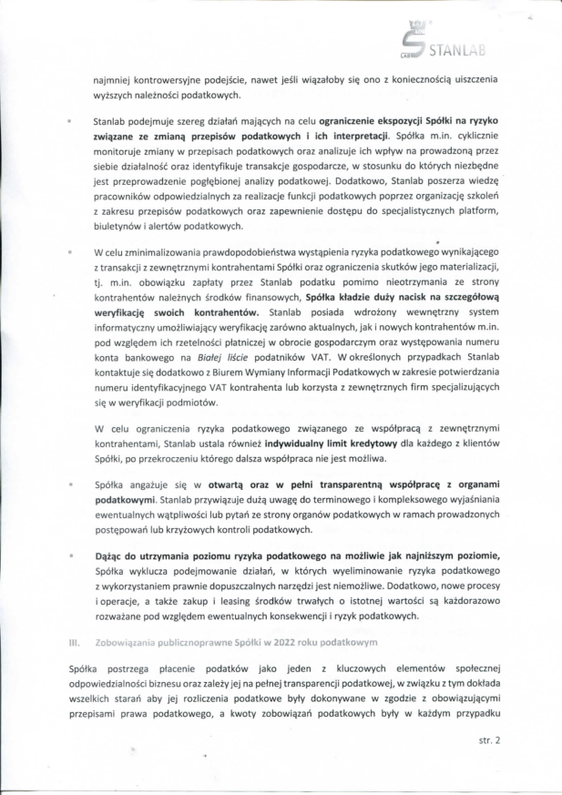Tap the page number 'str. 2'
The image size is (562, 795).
[489, 741]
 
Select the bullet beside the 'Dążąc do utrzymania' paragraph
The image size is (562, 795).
[70, 555]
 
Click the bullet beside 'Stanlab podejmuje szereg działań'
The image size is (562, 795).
[70, 120]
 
